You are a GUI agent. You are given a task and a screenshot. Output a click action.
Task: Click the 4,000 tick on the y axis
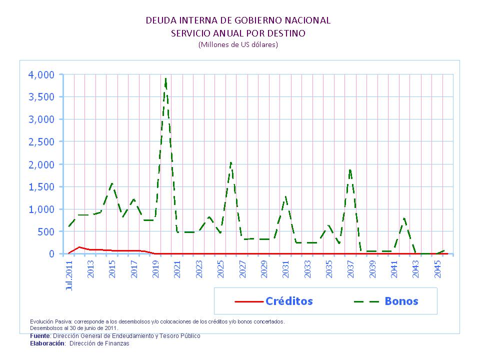[x=39, y=74]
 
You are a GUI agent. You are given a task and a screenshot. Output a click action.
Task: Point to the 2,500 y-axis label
[x=39, y=141]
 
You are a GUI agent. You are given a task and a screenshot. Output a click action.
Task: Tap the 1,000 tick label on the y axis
[x=39, y=209]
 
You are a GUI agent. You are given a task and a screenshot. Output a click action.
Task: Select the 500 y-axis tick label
[x=44, y=231]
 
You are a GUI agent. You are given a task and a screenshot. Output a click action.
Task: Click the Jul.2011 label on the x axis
[x=69, y=274]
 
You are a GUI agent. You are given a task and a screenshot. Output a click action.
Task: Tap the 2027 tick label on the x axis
[x=242, y=269]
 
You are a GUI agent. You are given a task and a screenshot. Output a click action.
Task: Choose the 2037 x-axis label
[x=350, y=269]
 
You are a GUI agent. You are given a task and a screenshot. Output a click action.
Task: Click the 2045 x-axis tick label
[x=437, y=269]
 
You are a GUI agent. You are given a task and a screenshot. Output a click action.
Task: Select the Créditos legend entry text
[x=289, y=301]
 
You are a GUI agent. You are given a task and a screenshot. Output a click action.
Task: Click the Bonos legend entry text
[x=401, y=301]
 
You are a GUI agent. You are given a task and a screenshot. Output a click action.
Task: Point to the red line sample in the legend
[x=248, y=301]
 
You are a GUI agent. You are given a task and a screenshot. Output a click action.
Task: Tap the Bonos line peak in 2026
[x=230, y=161]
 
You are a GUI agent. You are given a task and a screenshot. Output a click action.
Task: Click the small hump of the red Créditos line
[x=79, y=247]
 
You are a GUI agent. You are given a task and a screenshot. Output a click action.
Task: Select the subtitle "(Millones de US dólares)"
[x=238, y=44]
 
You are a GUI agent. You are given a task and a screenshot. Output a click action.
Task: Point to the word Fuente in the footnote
[x=40, y=336]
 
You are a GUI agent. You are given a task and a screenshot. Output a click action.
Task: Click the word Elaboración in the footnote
[x=47, y=343]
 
